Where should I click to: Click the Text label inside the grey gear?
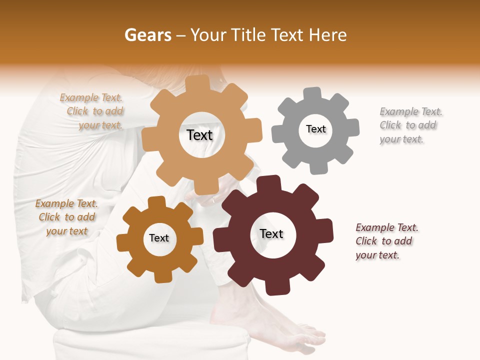coord(315,129)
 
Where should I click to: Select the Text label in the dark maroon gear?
coord(271,233)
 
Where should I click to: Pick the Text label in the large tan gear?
coord(199,135)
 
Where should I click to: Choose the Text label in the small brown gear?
coord(159,238)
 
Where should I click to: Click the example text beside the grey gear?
coord(410,125)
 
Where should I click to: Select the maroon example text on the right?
coord(386,241)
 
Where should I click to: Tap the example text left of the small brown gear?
coord(66,217)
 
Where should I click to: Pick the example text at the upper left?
coord(93,111)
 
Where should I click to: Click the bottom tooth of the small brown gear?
coord(161,276)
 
